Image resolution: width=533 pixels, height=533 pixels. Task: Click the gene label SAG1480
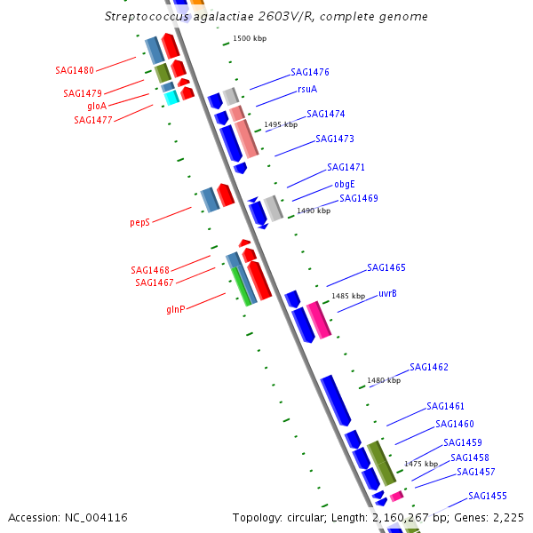(x=74, y=69)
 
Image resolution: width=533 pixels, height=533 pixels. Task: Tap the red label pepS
(x=139, y=223)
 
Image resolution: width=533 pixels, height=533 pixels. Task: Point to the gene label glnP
(x=175, y=310)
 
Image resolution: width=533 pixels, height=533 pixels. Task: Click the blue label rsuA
(x=307, y=89)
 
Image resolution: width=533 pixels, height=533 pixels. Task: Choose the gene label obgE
(x=345, y=185)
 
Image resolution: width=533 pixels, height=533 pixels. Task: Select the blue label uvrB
(x=387, y=293)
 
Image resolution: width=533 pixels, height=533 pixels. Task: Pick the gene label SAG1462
(x=429, y=367)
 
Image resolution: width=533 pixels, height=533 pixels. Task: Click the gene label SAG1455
(x=488, y=496)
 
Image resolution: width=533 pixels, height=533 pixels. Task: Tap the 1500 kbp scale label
(x=250, y=39)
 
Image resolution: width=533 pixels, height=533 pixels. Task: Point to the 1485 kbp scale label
(x=348, y=296)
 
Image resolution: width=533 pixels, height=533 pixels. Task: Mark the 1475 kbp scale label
(x=421, y=464)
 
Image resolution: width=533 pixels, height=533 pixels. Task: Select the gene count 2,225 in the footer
(x=508, y=517)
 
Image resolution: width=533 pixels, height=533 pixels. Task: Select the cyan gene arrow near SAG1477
(x=171, y=98)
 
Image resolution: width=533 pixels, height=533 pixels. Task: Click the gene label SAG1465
(x=386, y=267)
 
